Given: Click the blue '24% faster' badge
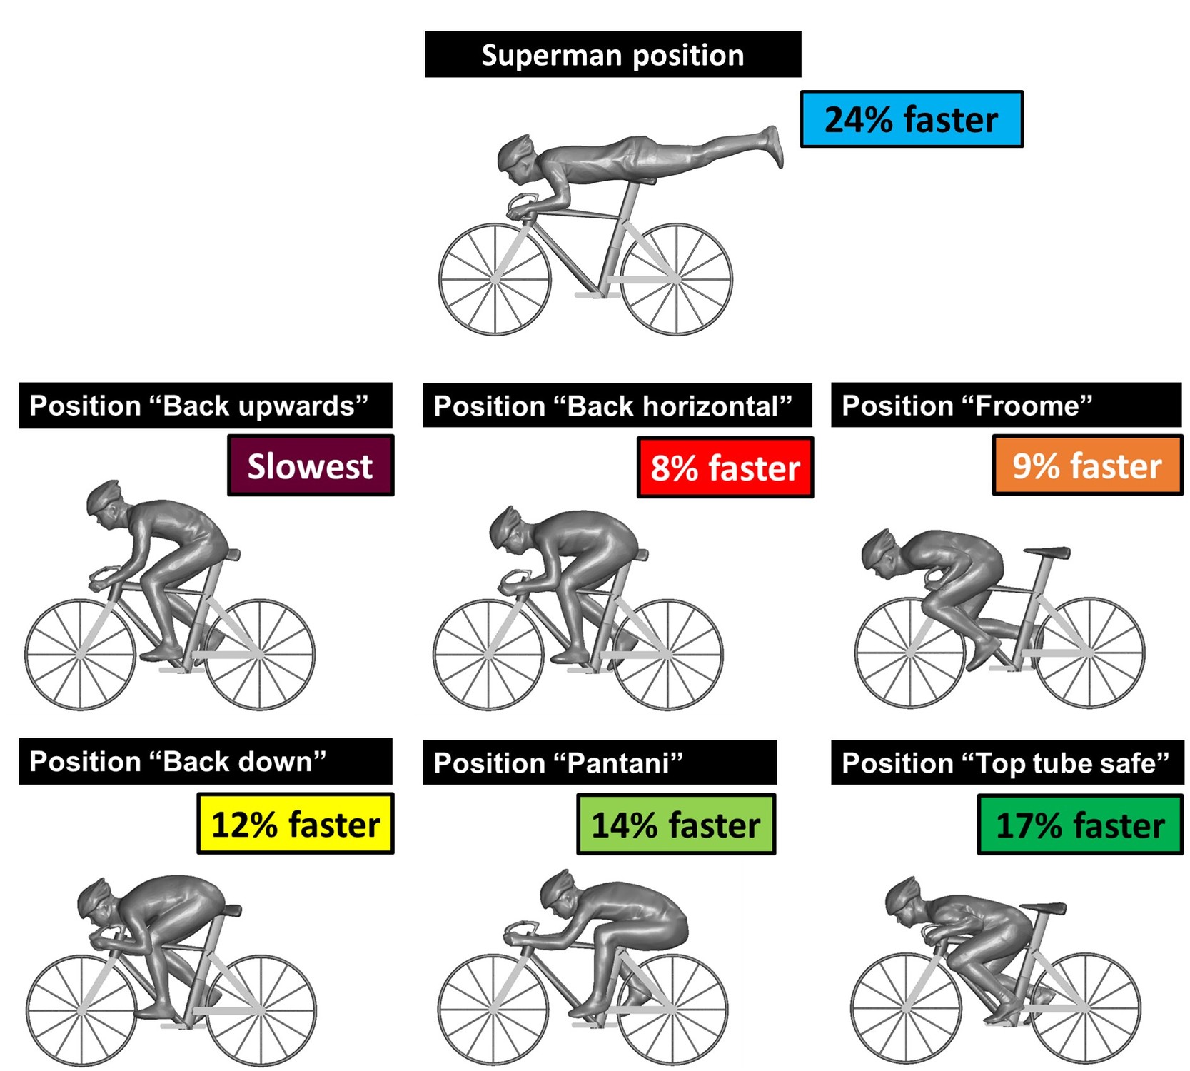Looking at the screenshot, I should click(x=911, y=119).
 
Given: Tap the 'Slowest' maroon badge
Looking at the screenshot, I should click(x=311, y=466).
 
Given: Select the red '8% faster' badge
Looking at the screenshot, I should click(x=725, y=468).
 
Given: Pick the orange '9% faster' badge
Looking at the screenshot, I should click(x=1086, y=466).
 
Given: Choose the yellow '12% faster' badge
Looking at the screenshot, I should click(x=296, y=824).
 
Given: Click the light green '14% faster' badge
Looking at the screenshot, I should click(x=675, y=825).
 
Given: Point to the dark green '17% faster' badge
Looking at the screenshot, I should click(x=1079, y=825).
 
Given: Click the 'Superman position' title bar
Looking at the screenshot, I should click(x=612, y=54).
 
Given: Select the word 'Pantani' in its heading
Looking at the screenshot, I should click(x=619, y=763).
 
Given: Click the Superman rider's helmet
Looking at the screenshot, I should click(x=515, y=149).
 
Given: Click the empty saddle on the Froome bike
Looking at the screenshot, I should click(x=1047, y=552).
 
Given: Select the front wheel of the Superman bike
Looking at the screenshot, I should click(x=495, y=279).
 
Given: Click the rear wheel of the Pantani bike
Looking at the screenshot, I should click(x=672, y=1010).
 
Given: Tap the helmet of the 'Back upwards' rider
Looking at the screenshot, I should click(x=104, y=494).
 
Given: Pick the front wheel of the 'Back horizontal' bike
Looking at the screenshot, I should click(x=488, y=654).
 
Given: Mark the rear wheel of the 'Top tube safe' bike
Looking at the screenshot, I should click(x=1085, y=1008).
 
